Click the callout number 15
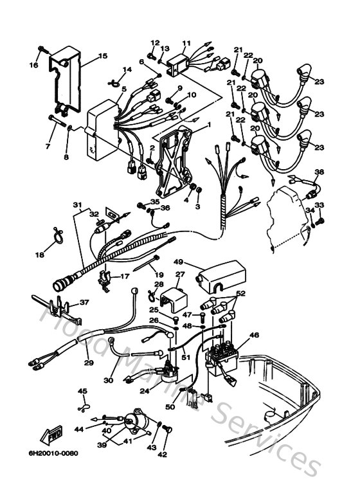point(102,56)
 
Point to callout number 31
point(77,205)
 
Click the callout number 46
point(254,335)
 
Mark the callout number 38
point(319,172)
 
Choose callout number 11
point(186,44)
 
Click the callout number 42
point(162,455)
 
